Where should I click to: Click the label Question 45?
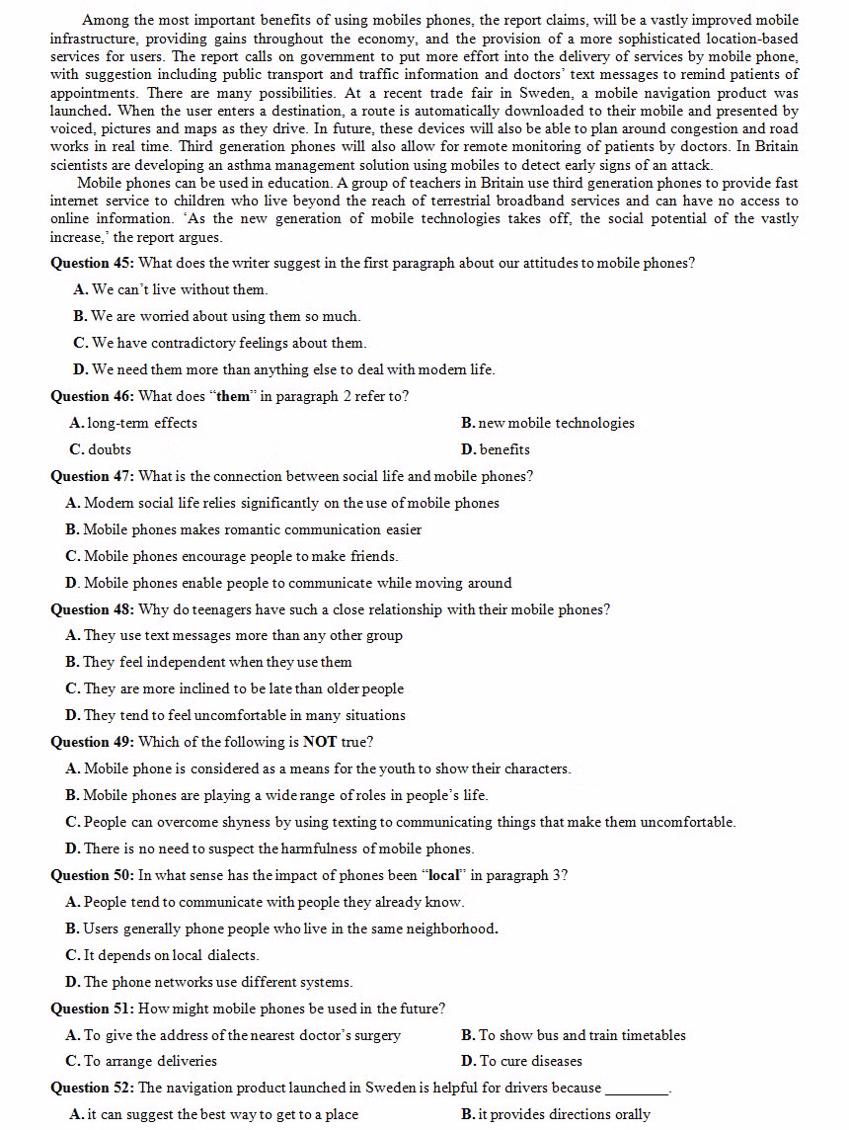(93, 263)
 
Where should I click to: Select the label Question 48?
(93, 609)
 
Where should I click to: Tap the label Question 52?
(93, 1088)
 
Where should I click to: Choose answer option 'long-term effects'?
(142, 423)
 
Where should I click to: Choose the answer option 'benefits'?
(504, 449)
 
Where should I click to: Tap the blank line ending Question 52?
(637, 1090)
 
